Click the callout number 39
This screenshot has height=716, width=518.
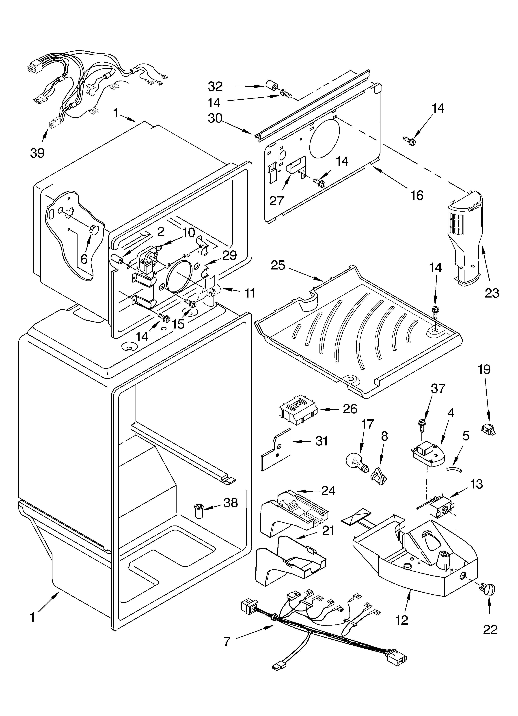[37, 153]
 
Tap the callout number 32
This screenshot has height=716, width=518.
[215, 86]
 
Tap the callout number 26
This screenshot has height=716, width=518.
[350, 409]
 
